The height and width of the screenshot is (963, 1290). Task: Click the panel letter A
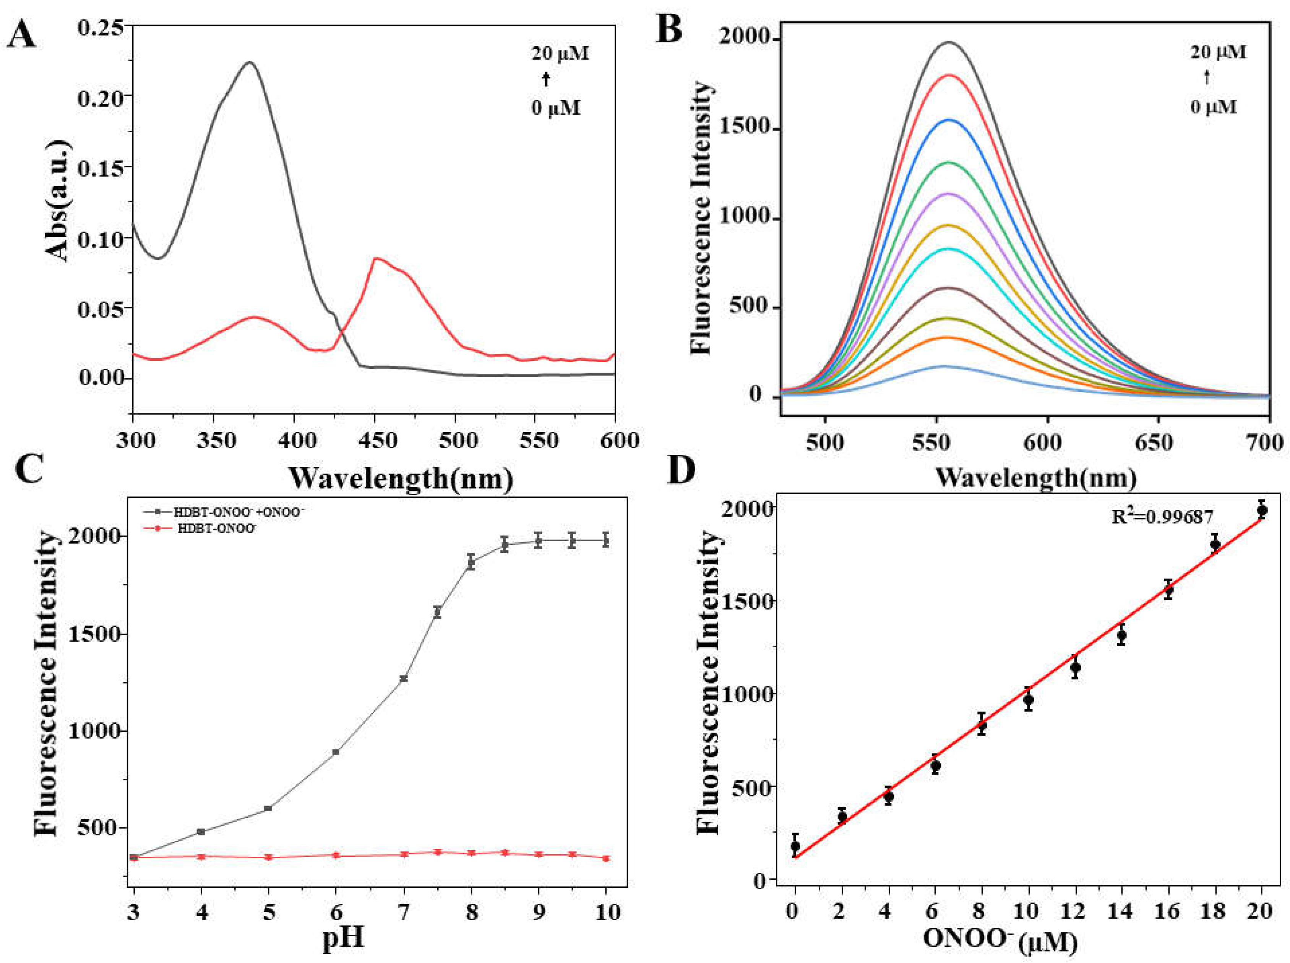(x=22, y=36)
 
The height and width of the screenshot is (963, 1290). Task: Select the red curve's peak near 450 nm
(x=376, y=258)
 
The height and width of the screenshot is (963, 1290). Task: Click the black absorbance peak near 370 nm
(x=250, y=62)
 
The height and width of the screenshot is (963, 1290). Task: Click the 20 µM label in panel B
(x=1218, y=52)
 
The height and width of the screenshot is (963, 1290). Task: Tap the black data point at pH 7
(x=403, y=679)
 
